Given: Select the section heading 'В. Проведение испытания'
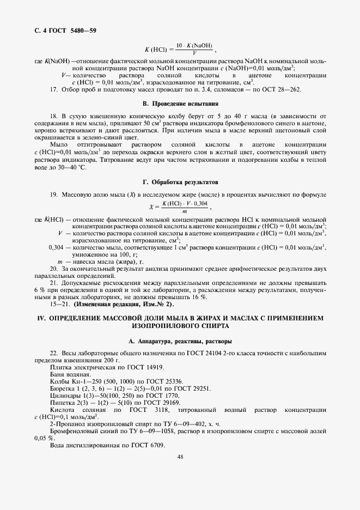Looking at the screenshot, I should (x=180, y=103).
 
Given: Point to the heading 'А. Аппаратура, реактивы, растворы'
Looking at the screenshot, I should (x=180, y=341).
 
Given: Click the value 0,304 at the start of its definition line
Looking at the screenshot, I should (x=56, y=247).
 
